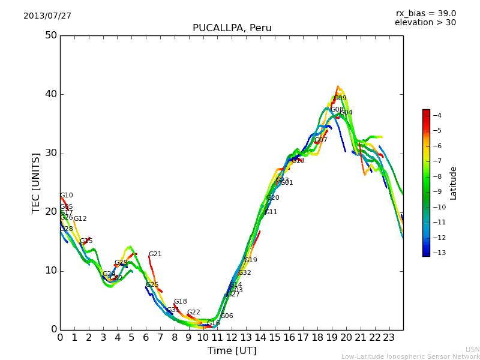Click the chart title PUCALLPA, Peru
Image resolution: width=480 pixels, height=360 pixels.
tap(232, 28)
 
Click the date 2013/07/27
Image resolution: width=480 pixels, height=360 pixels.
tap(47, 16)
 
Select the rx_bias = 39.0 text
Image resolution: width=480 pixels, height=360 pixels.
tap(425, 13)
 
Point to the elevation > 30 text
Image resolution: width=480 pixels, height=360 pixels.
tap(425, 23)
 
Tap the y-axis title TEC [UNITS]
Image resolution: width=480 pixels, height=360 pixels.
tap(36, 182)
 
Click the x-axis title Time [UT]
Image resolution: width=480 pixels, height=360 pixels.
tap(232, 350)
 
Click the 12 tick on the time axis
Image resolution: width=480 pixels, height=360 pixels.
tap(232, 338)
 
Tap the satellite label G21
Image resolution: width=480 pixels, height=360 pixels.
tap(155, 254)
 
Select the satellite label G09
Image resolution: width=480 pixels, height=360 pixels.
tap(340, 98)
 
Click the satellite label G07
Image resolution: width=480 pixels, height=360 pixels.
tap(321, 140)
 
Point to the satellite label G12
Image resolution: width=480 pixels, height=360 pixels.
tap(80, 219)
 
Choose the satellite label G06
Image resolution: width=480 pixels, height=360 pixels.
tap(227, 316)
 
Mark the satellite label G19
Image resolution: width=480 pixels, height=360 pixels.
tap(251, 260)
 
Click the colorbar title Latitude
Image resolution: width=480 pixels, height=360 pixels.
tap(454, 183)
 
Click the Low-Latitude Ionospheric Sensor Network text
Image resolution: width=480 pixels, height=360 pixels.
tap(410, 356)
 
